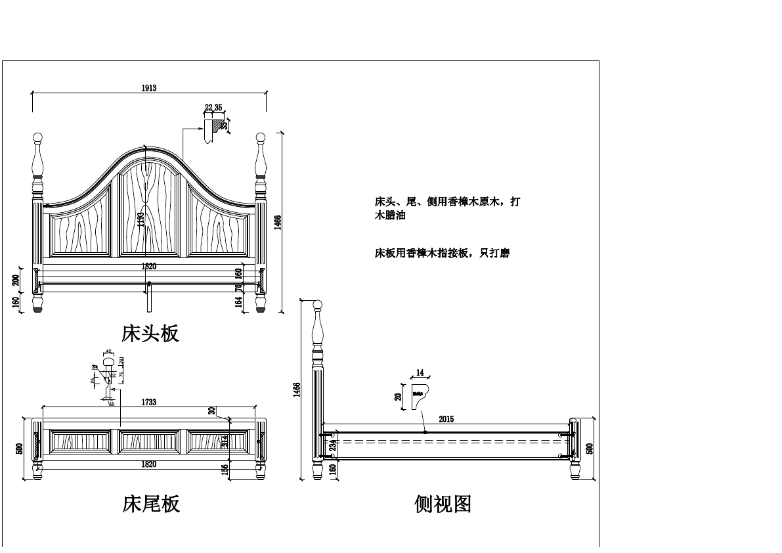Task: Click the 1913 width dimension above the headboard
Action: pos(148,88)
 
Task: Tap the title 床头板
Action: pos(150,333)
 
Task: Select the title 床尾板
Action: pos(151,504)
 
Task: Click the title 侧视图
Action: pos(443,504)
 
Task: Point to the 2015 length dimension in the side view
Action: pos(446,419)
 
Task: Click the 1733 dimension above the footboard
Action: pos(148,402)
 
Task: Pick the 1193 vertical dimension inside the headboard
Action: pos(141,219)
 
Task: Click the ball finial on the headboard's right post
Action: pos(261,138)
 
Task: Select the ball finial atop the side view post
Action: pos(318,305)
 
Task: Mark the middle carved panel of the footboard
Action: pos(150,441)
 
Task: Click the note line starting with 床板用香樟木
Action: pos(442,253)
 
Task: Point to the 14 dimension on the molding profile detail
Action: pos(420,372)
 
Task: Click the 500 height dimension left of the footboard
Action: pos(20,449)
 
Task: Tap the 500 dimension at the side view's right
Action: pos(590,449)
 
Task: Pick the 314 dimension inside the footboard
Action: pos(225,441)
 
